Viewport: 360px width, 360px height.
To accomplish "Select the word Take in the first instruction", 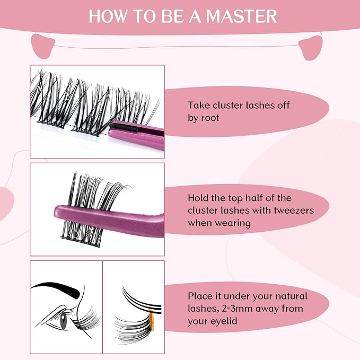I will point(198,105).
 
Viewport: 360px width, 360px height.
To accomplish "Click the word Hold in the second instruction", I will point(199,198).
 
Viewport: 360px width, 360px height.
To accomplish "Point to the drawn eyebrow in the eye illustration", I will point(58,289).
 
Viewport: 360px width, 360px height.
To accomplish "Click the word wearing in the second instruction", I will point(233,223).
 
